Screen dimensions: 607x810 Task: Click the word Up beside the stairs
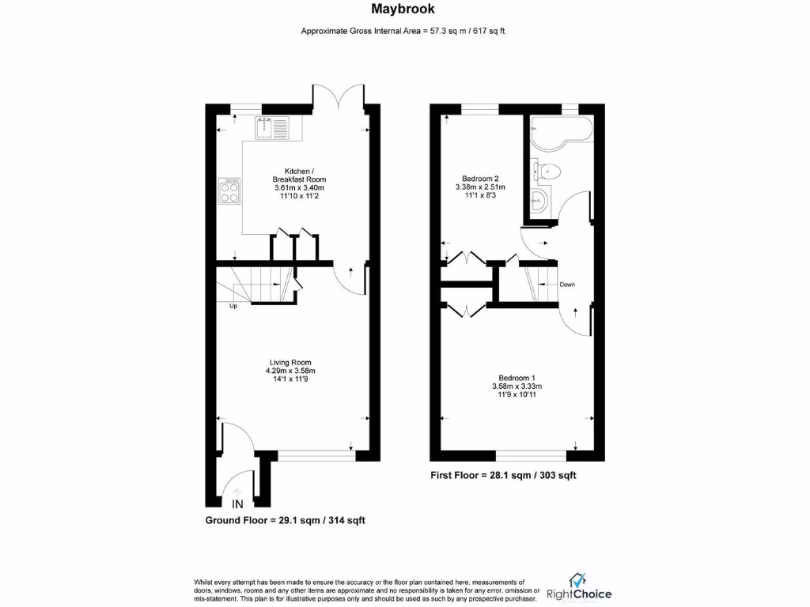click(233, 307)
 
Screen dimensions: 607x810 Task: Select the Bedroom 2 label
click(479, 179)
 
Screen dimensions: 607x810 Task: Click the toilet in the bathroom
click(547, 169)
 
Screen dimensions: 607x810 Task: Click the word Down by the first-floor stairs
click(566, 285)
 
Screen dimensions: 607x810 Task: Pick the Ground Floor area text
click(285, 520)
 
